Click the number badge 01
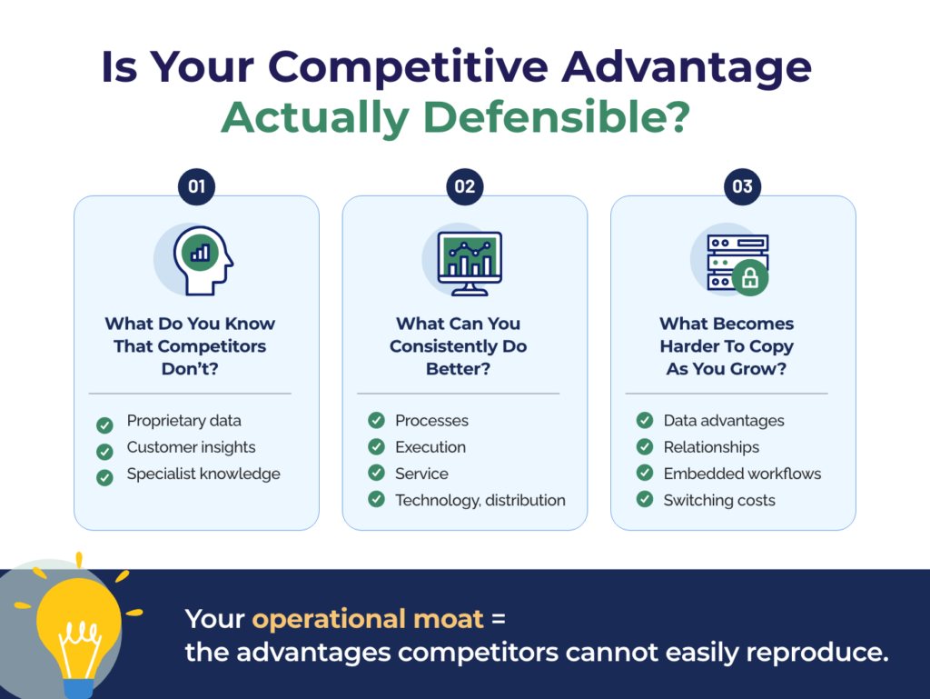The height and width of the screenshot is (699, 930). (196, 186)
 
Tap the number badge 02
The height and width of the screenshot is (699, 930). (464, 186)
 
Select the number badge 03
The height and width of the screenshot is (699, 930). (742, 186)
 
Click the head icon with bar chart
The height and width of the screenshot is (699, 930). (203, 261)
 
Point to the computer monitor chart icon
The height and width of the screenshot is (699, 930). (470, 264)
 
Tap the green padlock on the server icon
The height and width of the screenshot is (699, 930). (750, 277)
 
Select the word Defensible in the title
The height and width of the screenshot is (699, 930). (557, 117)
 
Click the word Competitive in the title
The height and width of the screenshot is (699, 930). (408, 67)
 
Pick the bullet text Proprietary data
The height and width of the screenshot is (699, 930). (183, 421)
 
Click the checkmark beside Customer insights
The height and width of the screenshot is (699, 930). (105, 452)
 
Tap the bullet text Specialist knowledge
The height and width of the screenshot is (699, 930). (203, 474)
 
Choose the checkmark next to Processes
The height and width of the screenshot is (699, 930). (377, 420)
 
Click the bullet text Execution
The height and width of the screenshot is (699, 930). (430, 447)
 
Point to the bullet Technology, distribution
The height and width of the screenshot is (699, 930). (480, 500)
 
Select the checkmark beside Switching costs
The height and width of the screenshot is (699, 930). (645, 500)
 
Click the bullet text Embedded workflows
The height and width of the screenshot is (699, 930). (743, 474)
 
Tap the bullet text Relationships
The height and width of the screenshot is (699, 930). (712, 447)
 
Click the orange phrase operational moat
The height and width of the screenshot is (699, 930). (369, 620)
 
